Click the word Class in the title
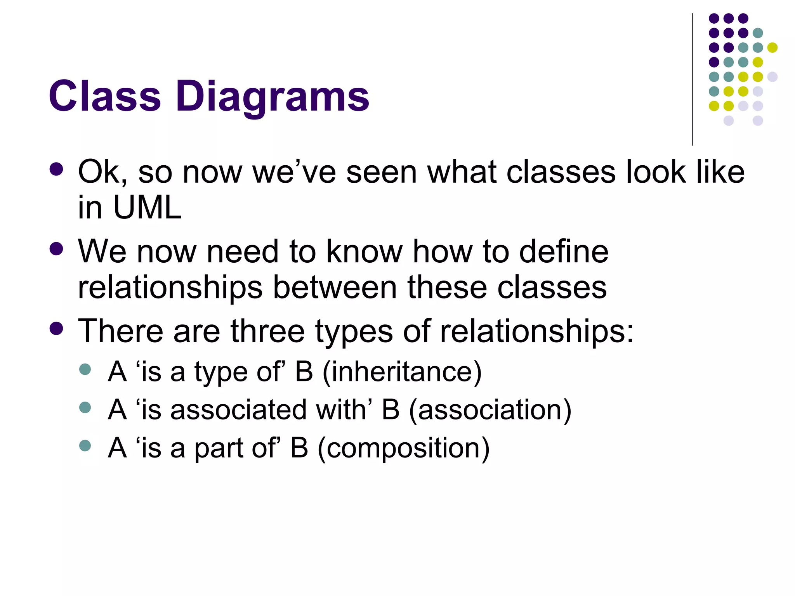pos(104,96)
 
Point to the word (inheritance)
pos(402,372)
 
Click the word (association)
pos(490,410)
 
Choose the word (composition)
pos(404,448)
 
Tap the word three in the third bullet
pos(267,331)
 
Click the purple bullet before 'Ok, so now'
pos(57,169)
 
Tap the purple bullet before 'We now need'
pos(57,249)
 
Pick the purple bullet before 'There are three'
pos(57,328)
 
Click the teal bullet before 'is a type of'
pos(85,369)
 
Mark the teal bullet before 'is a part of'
pos(85,445)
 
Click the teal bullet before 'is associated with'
pos(85,407)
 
